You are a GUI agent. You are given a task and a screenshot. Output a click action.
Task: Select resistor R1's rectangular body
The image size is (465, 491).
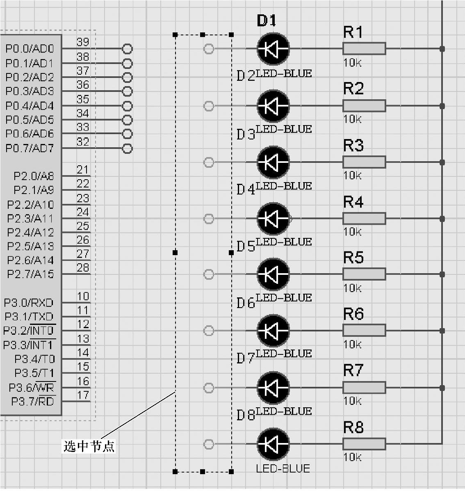click(x=364, y=49)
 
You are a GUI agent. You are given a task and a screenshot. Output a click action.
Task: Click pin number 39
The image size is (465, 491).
click(x=83, y=42)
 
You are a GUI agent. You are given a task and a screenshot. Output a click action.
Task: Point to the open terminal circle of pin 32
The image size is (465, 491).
click(x=128, y=148)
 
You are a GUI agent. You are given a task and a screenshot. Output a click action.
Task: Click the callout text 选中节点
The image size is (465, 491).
click(x=89, y=446)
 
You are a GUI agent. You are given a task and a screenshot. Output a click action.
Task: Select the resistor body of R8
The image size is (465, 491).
click(x=364, y=444)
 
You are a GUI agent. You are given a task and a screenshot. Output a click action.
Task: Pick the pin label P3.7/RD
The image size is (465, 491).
click(x=32, y=402)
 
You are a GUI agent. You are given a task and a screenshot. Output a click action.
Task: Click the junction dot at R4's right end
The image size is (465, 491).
click(x=442, y=219)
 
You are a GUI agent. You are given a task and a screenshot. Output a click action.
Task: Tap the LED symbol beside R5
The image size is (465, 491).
click(x=273, y=274)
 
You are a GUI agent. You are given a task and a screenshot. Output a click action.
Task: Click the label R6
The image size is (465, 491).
click(x=353, y=314)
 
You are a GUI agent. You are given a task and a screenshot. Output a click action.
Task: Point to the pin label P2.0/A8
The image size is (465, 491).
click(x=34, y=176)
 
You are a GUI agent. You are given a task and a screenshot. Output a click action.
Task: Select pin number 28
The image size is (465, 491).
click(x=83, y=268)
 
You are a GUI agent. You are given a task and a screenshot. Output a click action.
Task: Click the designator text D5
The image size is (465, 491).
click(x=246, y=247)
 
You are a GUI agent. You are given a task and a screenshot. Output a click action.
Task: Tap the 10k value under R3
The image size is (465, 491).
click(x=352, y=176)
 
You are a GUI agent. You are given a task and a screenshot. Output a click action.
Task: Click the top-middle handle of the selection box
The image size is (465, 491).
click(x=203, y=35)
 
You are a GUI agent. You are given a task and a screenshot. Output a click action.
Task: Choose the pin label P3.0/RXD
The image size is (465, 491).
click(x=29, y=303)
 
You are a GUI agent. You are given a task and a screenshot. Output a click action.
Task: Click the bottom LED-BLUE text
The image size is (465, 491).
click(x=283, y=468)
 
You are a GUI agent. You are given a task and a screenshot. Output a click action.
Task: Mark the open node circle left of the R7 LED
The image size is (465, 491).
click(x=209, y=388)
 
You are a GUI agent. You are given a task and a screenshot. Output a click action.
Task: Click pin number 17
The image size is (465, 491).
click(x=83, y=395)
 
